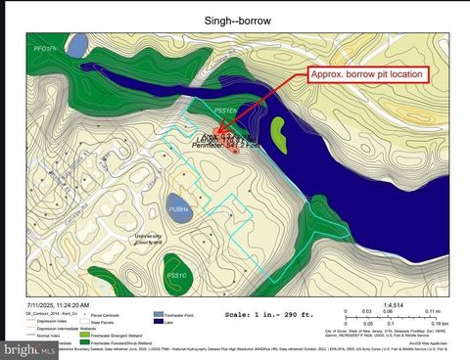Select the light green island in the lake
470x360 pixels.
(x=278, y=132)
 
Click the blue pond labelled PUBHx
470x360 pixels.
(x=178, y=208)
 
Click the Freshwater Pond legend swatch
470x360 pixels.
(x=158, y=316)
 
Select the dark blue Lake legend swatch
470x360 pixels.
(x=158, y=324)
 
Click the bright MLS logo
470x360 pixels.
(x=17, y=348)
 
